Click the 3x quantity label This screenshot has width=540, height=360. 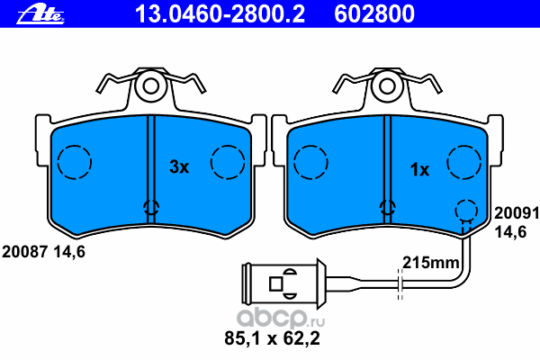point(179,166)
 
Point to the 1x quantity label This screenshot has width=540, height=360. point(419,168)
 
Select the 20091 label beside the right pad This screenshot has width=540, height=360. point(516,215)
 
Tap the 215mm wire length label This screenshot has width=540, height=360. point(430,263)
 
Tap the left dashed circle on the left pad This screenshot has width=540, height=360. point(75,163)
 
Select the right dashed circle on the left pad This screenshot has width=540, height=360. point(228,163)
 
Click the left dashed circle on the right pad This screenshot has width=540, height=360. point(310,163)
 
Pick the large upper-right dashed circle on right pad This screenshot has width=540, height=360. point(465,163)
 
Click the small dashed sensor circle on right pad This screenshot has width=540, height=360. point(464,211)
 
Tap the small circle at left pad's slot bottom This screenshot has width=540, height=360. point(151,210)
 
